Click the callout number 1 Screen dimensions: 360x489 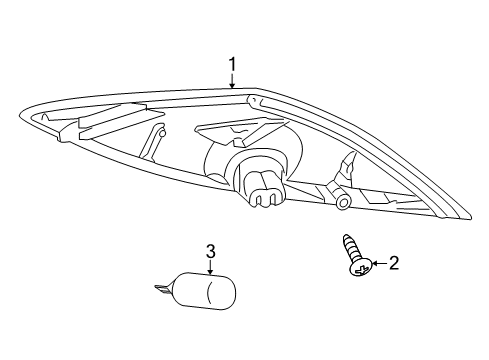coord(232,66)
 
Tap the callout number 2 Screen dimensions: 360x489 coord(393,264)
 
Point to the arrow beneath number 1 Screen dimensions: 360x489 coord(232,82)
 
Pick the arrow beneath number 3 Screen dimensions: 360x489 coord(211,267)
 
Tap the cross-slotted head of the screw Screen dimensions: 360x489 coord(359,267)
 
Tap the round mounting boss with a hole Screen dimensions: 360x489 coord(343,202)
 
